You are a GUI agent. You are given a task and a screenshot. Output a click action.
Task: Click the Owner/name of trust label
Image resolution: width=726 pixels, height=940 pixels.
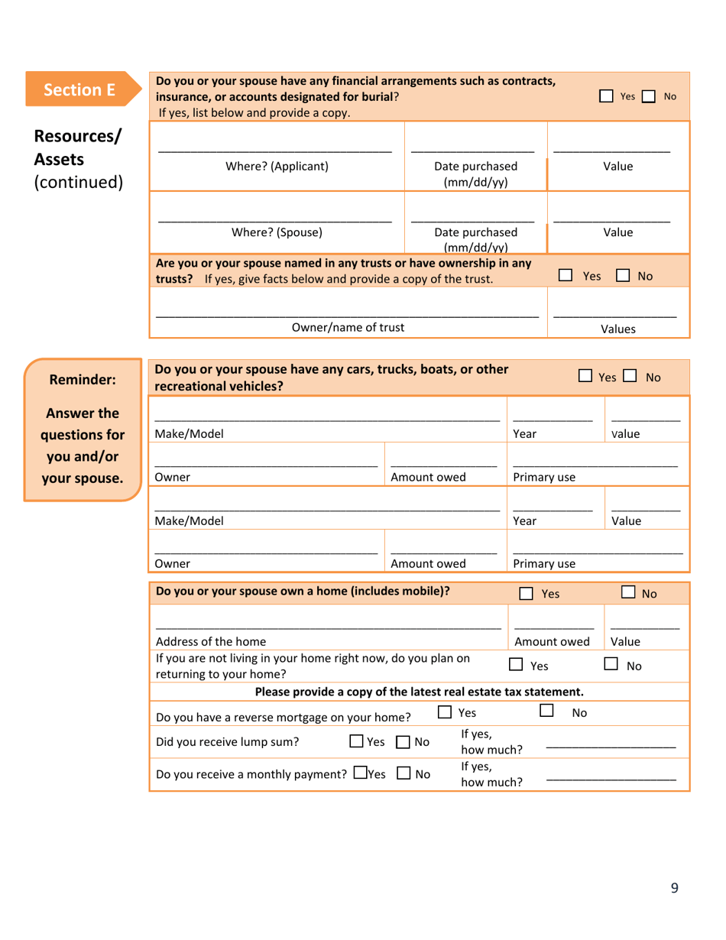[348, 327]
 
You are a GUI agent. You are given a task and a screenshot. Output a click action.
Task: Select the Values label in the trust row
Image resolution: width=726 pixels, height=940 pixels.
[618, 329]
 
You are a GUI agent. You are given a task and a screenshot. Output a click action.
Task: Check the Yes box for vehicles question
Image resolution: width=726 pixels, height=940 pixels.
[585, 376]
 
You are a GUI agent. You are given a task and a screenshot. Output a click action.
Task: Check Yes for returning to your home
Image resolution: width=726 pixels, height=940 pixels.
[516, 665]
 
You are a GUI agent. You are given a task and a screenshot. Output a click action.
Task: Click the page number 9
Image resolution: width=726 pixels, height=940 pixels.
[674, 887]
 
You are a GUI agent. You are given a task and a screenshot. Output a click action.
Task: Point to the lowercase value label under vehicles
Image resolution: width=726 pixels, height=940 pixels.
[625, 434]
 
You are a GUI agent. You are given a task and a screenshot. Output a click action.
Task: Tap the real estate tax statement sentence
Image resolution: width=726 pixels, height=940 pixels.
[419, 692]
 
